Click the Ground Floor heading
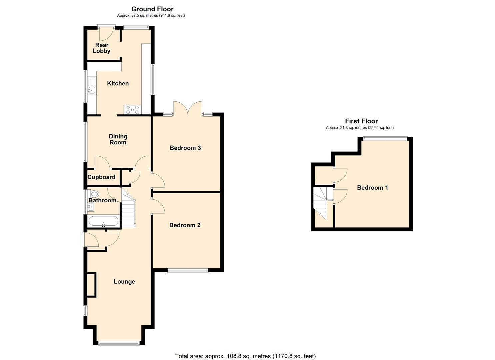pos(152,9)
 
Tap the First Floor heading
pos(361,121)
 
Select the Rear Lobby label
pos(102,48)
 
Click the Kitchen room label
pos(118,83)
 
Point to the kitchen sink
pos(91,89)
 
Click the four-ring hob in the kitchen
pos(132,109)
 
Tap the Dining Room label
pos(118,139)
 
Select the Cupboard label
pos(101,177)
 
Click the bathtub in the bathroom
pos(103,221)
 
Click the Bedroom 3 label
pos(185,148)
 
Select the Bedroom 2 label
pos(185,225)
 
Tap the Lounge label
pos(124,282)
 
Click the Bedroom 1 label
pos(372,188)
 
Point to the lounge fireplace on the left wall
pos(91,285)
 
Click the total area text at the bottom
pos(245,356)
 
